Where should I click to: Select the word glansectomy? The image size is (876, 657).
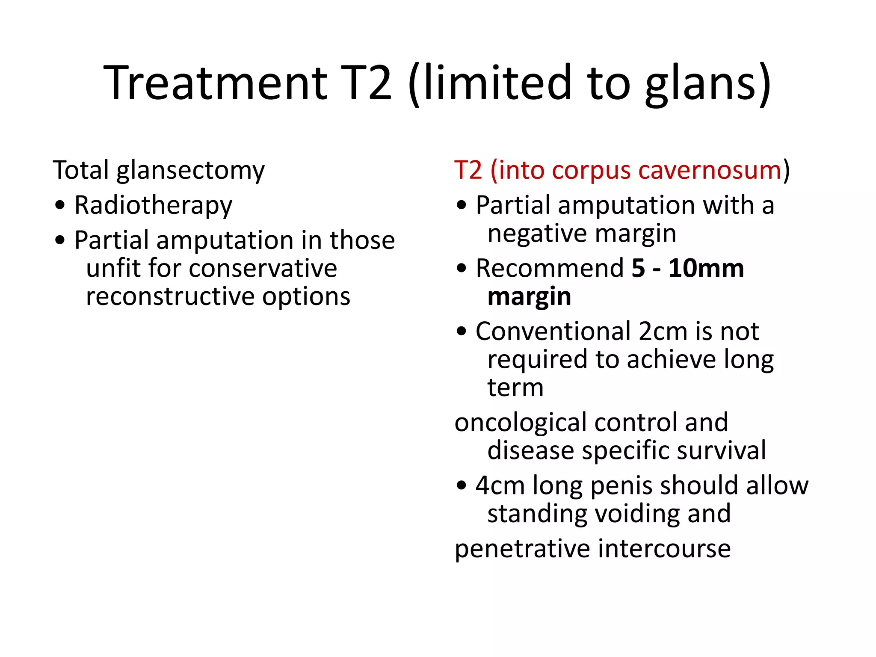pyautogui.click(x=191, y=171)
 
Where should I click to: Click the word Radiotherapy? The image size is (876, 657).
pyautogui.click(x=153, y=206)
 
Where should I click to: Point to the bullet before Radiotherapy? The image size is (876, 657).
pyautogui.click(x=60, y=205)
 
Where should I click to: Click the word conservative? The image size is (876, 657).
pyautogui.click(x=263, y=269)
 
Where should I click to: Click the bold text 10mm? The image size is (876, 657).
pyautogui.click(x=706, y=269)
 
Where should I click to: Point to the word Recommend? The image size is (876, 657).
pyautogui.click(x=550, y=269)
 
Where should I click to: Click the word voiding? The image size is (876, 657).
pyautogui.click(x=637, y=514)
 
